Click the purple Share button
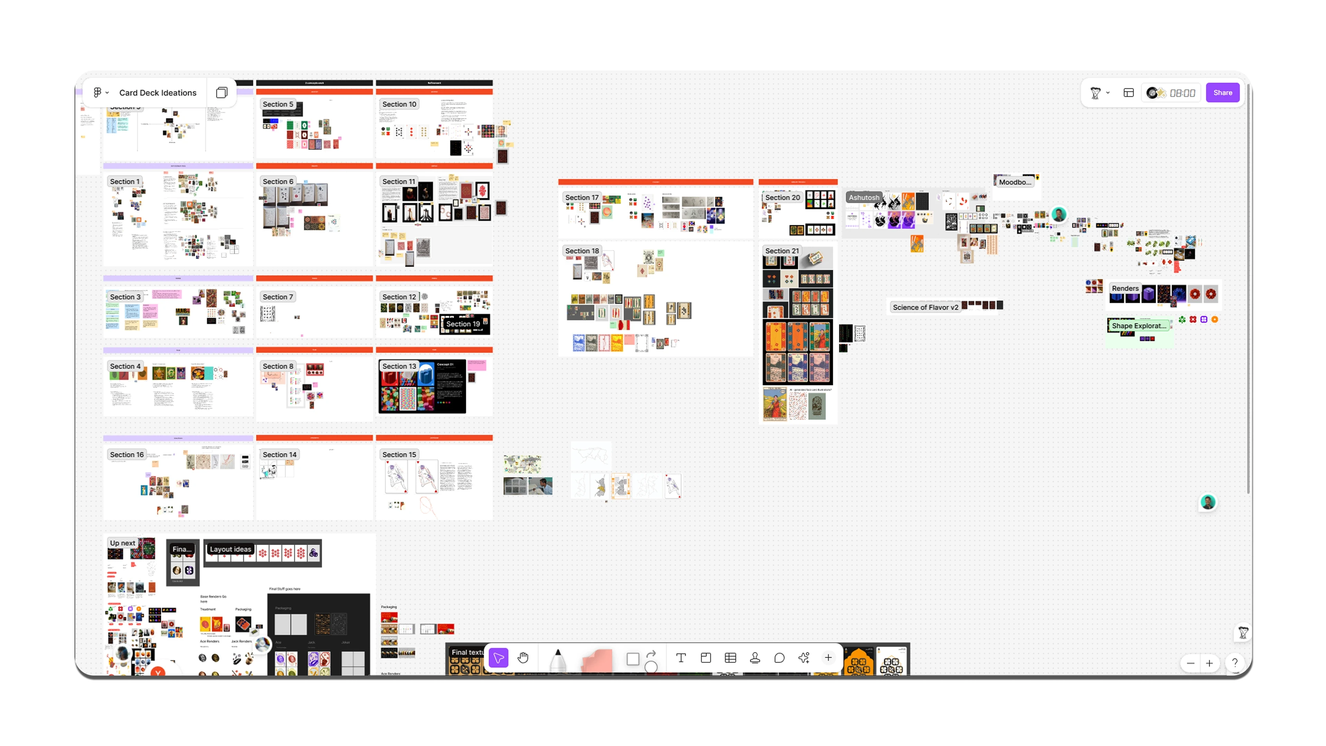(x=1222, y=93)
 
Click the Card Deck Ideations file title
(x=157, y=93)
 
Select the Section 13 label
(x=399, y=366)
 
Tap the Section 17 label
(x=582, y=197)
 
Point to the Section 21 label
(x=781, y=251)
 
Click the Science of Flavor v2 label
(x=925, y=307)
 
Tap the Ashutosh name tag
(x=864, y=197)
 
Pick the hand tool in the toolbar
(x=523, y=658)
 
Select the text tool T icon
(x=681, y=658)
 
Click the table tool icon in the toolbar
(x=730, y=658)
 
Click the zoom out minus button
(x=1190, y=663)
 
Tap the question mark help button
(x=1234, y=663)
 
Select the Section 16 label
(x=127, y=455)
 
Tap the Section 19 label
(x=463, y=324)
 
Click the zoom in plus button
(x=1209, y=663)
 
